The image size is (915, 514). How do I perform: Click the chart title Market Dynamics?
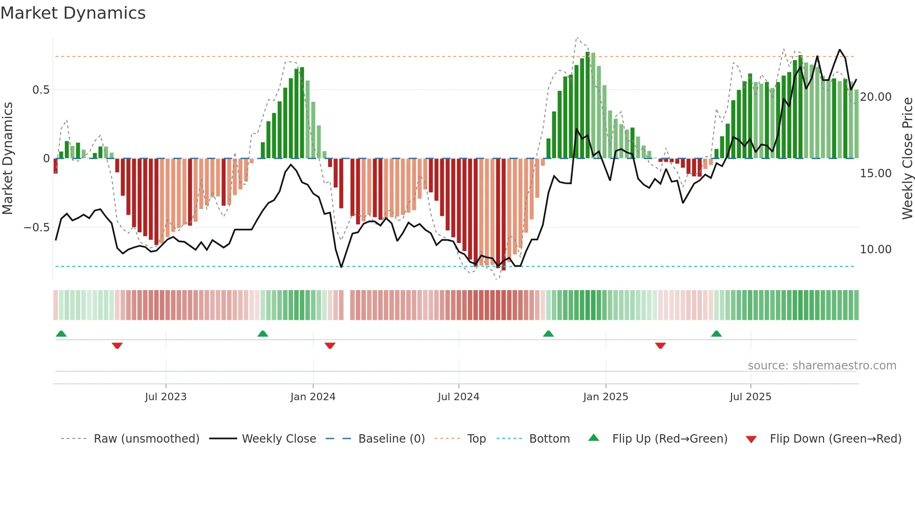click(x=73, y=13)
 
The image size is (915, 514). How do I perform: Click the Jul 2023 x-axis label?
click(x=165, y=397)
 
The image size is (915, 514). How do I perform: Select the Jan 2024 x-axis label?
click(x=313, y=397)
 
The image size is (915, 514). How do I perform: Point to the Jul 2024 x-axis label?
click(x=458, y=397)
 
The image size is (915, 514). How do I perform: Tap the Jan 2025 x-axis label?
click(x=605, y=397)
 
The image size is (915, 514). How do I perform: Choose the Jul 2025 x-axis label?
click(x=750, y=397)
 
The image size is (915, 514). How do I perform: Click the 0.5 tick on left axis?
click(x=41, y=90)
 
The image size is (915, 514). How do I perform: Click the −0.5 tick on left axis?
click(x=37, y=228)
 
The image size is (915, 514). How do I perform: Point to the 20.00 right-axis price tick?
click(x=876, y=97)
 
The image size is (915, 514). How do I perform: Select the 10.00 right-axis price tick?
click(x=876, y=250)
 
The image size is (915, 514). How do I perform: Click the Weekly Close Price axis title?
click(x=907, y=159)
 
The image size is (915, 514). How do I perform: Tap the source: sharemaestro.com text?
click(x=822, y=366)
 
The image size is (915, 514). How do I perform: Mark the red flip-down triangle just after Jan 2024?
click(x=330, y=346)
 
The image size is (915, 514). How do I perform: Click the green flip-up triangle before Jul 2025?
click(x=716, y=333)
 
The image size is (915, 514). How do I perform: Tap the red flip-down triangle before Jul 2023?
click(x=117, y=346)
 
